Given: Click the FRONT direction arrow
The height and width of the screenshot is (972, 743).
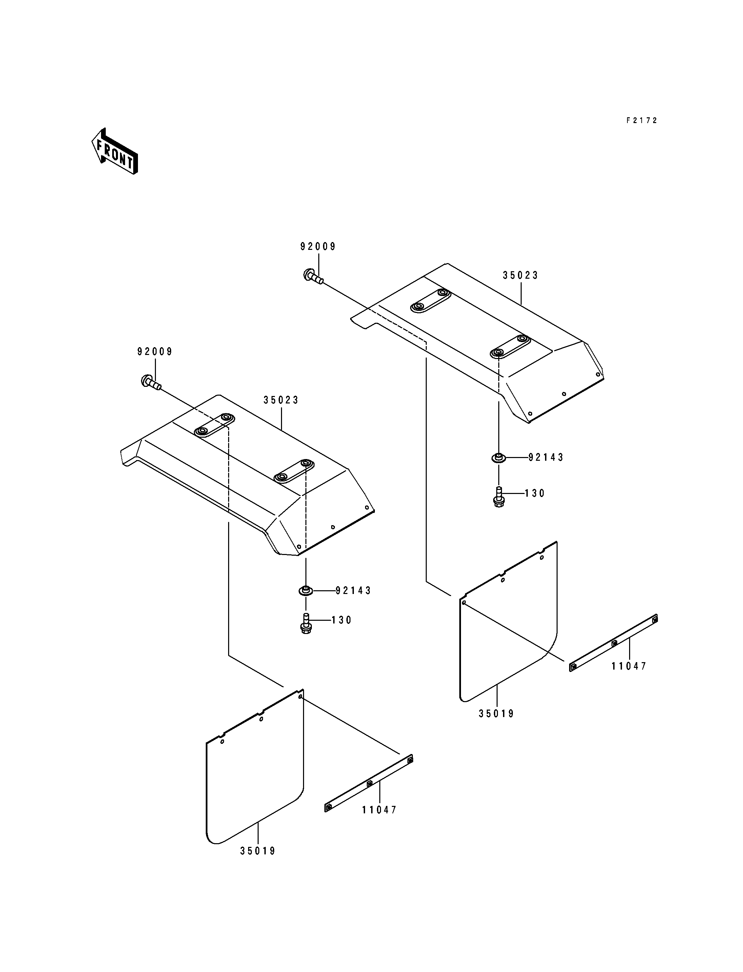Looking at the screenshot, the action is (x=115, y=151).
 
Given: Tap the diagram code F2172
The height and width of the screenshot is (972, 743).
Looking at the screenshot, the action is (x=642, y=120).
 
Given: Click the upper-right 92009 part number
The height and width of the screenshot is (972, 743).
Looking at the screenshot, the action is (x=318, y=247).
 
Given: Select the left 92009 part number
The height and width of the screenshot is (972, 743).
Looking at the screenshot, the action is (x=155, y=352).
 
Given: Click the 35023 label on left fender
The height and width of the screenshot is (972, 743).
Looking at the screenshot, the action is (x=281, y=400).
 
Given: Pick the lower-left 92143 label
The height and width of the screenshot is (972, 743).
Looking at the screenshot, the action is (x=354, y=591).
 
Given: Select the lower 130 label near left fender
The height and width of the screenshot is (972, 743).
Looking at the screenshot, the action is (x=342, y=620).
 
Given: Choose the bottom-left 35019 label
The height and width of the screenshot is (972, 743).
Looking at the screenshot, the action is (x=258, y=851).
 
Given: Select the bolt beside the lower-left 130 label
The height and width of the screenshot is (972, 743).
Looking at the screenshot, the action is (x=305, y=623).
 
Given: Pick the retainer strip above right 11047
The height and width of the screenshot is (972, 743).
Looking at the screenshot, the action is (x=613, y=644).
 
